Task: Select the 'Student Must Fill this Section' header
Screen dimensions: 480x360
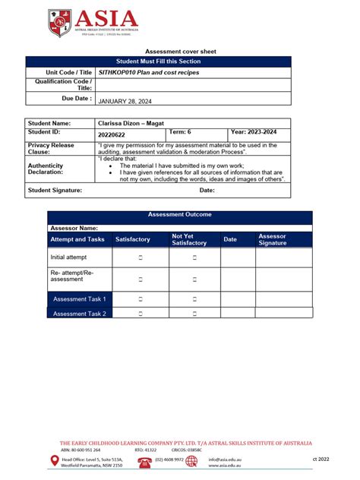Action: (x=169, y=61)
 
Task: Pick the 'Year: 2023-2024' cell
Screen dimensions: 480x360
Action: (x=254, y=132)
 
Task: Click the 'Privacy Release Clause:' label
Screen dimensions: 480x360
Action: (x=51, y=147)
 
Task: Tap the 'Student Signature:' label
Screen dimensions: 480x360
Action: (x=55, y=190)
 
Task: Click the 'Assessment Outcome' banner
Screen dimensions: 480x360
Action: (x=179, y=215)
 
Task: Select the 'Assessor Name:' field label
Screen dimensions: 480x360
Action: (x=74, y=227)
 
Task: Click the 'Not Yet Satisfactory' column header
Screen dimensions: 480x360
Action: (x=189, y=239)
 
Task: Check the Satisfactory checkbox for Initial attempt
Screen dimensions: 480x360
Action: (x=141, y=257)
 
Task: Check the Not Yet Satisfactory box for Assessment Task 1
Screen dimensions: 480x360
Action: (x=194, y=299)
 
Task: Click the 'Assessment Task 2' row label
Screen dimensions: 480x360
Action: (x=79, y=313)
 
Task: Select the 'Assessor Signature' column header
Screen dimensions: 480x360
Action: (x=273, y=239)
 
